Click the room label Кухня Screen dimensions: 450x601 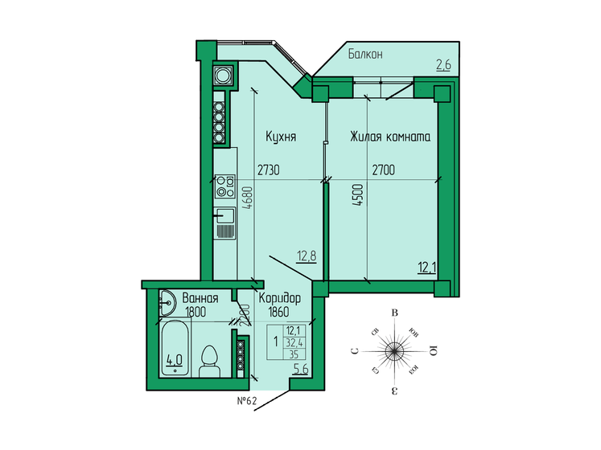282,137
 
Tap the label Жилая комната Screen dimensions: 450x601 389,137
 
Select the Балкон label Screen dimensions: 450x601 365,55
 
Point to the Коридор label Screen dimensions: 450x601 280,297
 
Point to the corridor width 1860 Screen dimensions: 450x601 276,312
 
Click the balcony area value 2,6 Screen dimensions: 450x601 443,66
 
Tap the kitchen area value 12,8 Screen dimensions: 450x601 307,256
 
